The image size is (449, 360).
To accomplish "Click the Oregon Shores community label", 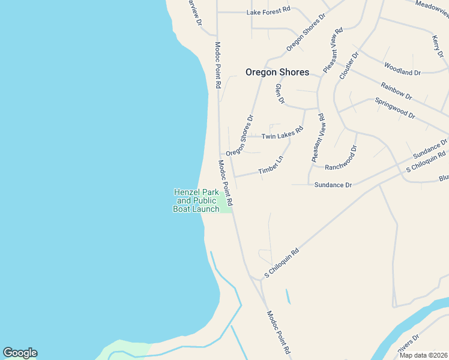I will point(277,72).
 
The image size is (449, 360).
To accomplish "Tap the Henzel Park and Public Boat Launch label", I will point(196,200).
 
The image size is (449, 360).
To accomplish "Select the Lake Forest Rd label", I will point(268,10).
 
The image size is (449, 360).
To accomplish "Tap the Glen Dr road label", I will point(280,94).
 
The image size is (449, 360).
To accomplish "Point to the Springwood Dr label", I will point(395,108).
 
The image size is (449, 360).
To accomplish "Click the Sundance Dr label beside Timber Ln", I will point(333,185).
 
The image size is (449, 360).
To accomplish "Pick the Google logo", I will point(20,353).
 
